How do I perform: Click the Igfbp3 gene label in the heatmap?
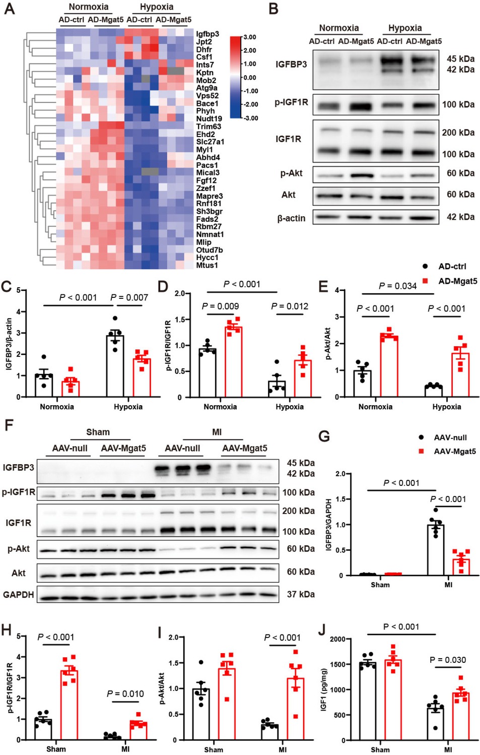point(207,34)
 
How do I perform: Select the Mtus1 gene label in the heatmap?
point(207,265)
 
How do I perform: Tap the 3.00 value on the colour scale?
point(250,37)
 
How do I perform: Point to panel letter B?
point(273,9)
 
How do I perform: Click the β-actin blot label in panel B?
point(291,218)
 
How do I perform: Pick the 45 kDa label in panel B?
point(460,58)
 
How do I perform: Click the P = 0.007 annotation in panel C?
point(129,297)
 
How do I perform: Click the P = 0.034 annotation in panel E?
point(397,286)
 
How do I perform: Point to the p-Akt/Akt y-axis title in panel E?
point(328,344)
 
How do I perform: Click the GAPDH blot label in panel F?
point(19,595)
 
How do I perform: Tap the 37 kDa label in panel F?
point(301,594)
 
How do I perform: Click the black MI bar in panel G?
point(436,550)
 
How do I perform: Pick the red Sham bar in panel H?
point(69,705)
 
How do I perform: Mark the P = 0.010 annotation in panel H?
point(125,694)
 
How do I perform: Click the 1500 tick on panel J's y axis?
point(337,664)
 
